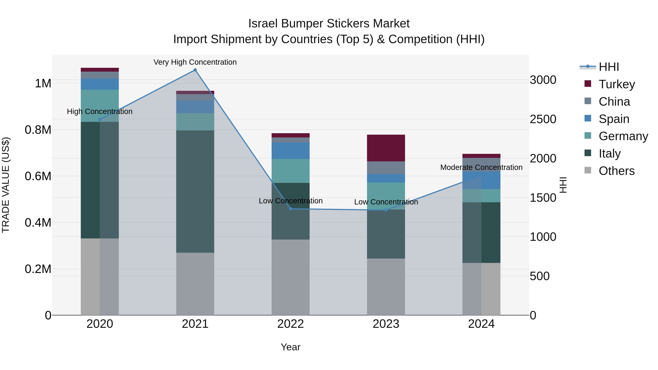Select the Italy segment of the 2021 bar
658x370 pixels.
[x=195, y=191]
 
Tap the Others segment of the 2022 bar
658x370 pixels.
[x=290, y=277]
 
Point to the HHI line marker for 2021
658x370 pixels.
[x=195, y=70]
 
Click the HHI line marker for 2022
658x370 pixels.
[x=290, y=209]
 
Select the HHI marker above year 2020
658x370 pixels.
[x=100, y=119]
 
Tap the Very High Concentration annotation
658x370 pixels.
[x=195, y=62]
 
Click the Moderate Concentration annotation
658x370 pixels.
[x=481, y=167]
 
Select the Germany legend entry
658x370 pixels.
[x=623, y=136]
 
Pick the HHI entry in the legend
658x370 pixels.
[x=608, y=67]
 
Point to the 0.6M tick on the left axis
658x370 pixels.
[x=38, y=176]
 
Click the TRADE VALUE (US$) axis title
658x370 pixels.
[x=6, y=185]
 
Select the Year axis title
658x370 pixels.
[x=290, y=347]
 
